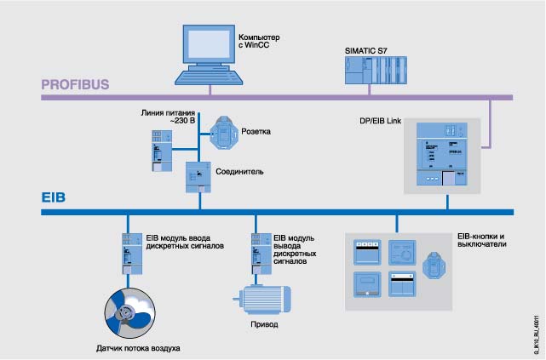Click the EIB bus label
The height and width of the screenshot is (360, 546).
(x=54, y=197)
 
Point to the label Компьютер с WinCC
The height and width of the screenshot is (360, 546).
(x=260, y=43)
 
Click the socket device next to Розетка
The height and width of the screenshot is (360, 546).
(x=224, y=131)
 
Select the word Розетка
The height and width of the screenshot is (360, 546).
(x=256, y=132)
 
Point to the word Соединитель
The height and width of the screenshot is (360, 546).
(x=239, y=171)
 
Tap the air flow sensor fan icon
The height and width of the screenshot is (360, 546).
(x=129, y=313)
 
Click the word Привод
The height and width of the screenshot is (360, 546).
(x=264, y=325)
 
